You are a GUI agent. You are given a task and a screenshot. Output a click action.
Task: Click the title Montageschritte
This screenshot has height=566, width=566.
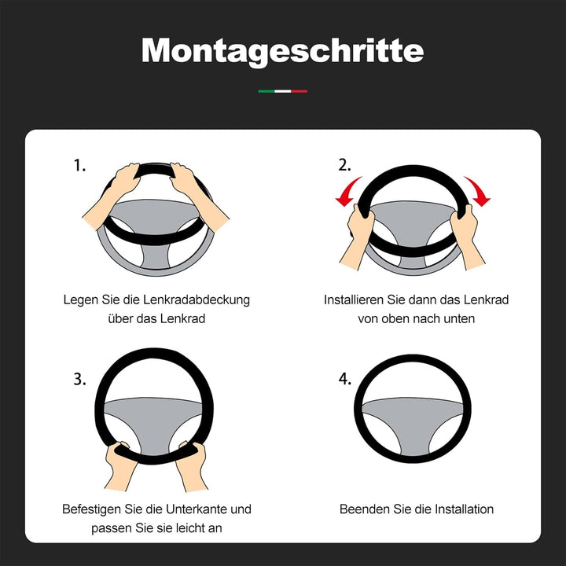point(283,51)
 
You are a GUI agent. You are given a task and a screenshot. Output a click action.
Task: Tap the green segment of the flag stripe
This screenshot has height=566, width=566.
point(266,91)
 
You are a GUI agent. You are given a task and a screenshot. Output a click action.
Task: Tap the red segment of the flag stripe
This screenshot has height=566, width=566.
point(300,91)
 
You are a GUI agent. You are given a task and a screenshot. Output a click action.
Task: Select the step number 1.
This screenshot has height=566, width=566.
point(79,165)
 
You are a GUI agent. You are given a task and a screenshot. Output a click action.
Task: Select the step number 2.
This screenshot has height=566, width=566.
point(344,165)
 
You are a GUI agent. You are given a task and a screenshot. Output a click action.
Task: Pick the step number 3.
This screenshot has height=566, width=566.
point(79,380)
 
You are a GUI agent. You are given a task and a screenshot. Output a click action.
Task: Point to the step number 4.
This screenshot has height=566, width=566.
point(345,379)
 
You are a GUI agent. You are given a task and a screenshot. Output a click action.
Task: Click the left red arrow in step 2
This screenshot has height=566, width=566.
point(347,192)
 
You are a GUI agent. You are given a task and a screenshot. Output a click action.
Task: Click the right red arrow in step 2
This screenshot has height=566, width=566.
point(478,191)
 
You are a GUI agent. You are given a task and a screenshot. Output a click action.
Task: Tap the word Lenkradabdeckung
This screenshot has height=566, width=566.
point(197,300)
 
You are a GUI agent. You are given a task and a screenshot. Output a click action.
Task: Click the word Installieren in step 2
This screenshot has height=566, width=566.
point(354,300)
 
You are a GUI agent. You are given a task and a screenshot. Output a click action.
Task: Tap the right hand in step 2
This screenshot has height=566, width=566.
point(466,237)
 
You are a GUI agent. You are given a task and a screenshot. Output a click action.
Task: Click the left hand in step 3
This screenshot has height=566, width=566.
point(119,465)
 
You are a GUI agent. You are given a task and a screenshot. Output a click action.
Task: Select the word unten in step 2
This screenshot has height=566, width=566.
point(460,319)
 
